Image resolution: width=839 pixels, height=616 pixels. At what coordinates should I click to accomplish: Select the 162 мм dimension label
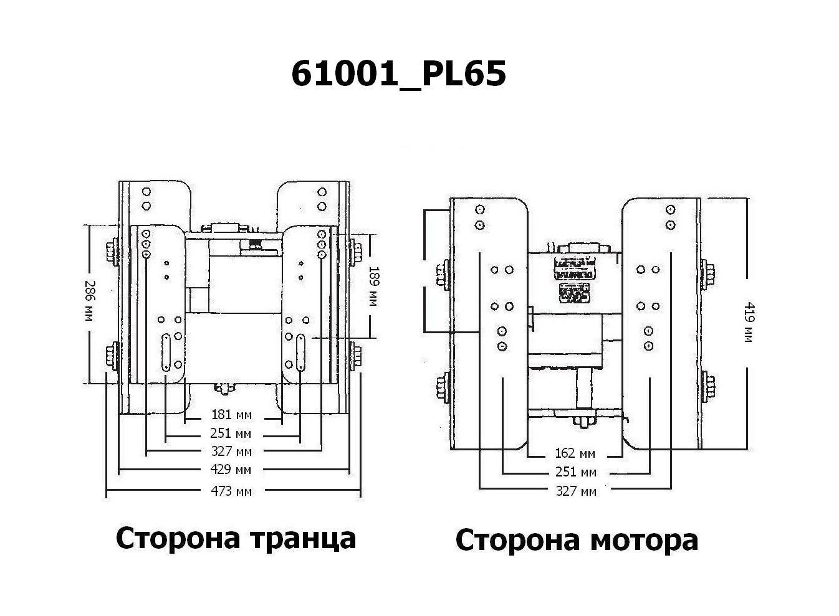(575, 453)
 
